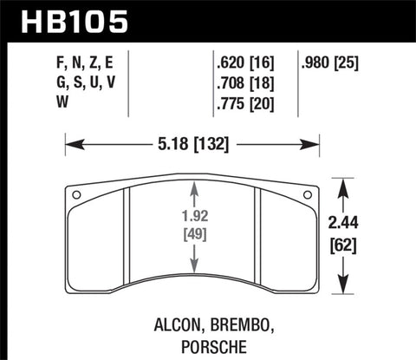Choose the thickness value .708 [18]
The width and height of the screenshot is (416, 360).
tap(247, 84)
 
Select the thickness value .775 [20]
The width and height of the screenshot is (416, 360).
tap(247, 108)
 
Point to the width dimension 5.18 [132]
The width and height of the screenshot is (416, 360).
tap(194, 146)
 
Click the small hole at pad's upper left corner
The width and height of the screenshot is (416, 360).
tap(75, 193)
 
